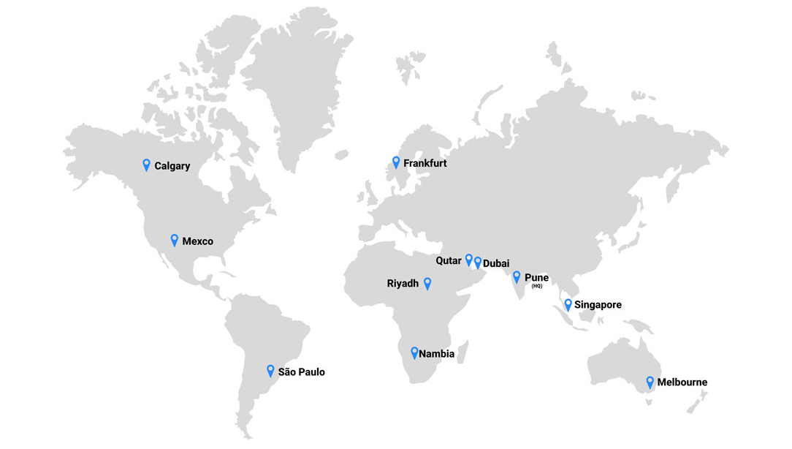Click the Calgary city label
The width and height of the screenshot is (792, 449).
click(x=172, y=166)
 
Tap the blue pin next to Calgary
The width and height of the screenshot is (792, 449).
click(x=146, y=165)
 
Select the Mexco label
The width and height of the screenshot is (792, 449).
click(x=197, y=241)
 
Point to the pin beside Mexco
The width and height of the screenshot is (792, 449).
click(x=175, y=240)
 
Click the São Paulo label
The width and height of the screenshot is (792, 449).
click(x=301, y=372)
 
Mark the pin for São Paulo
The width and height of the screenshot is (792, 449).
click(x=270, y=371)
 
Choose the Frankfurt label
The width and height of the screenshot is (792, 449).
click(x=424, y=164)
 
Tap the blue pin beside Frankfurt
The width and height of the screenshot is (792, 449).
click(x=396, y=162)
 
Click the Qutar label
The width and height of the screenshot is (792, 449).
click(x=449, y=261)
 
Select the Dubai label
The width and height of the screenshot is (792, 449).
click(x=496, y=263)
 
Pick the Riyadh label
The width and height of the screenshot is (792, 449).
click(x=403, y=284)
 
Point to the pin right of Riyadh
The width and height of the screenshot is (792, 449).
click(x=427, y=283)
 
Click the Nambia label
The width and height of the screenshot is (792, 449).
click(x=436, y=354)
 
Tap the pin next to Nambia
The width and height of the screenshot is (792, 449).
click(x=414, y=352)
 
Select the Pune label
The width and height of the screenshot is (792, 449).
click(x=536, y=278)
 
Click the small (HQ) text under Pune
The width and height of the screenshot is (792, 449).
click(x=537, y=287)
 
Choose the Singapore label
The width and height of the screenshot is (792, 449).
click(x=598, y=305)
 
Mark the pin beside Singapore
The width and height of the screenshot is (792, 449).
click(x=568, y=304)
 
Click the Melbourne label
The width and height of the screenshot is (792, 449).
click(x=682, y=382)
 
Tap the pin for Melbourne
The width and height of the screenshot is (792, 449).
click(x=650, y=382)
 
